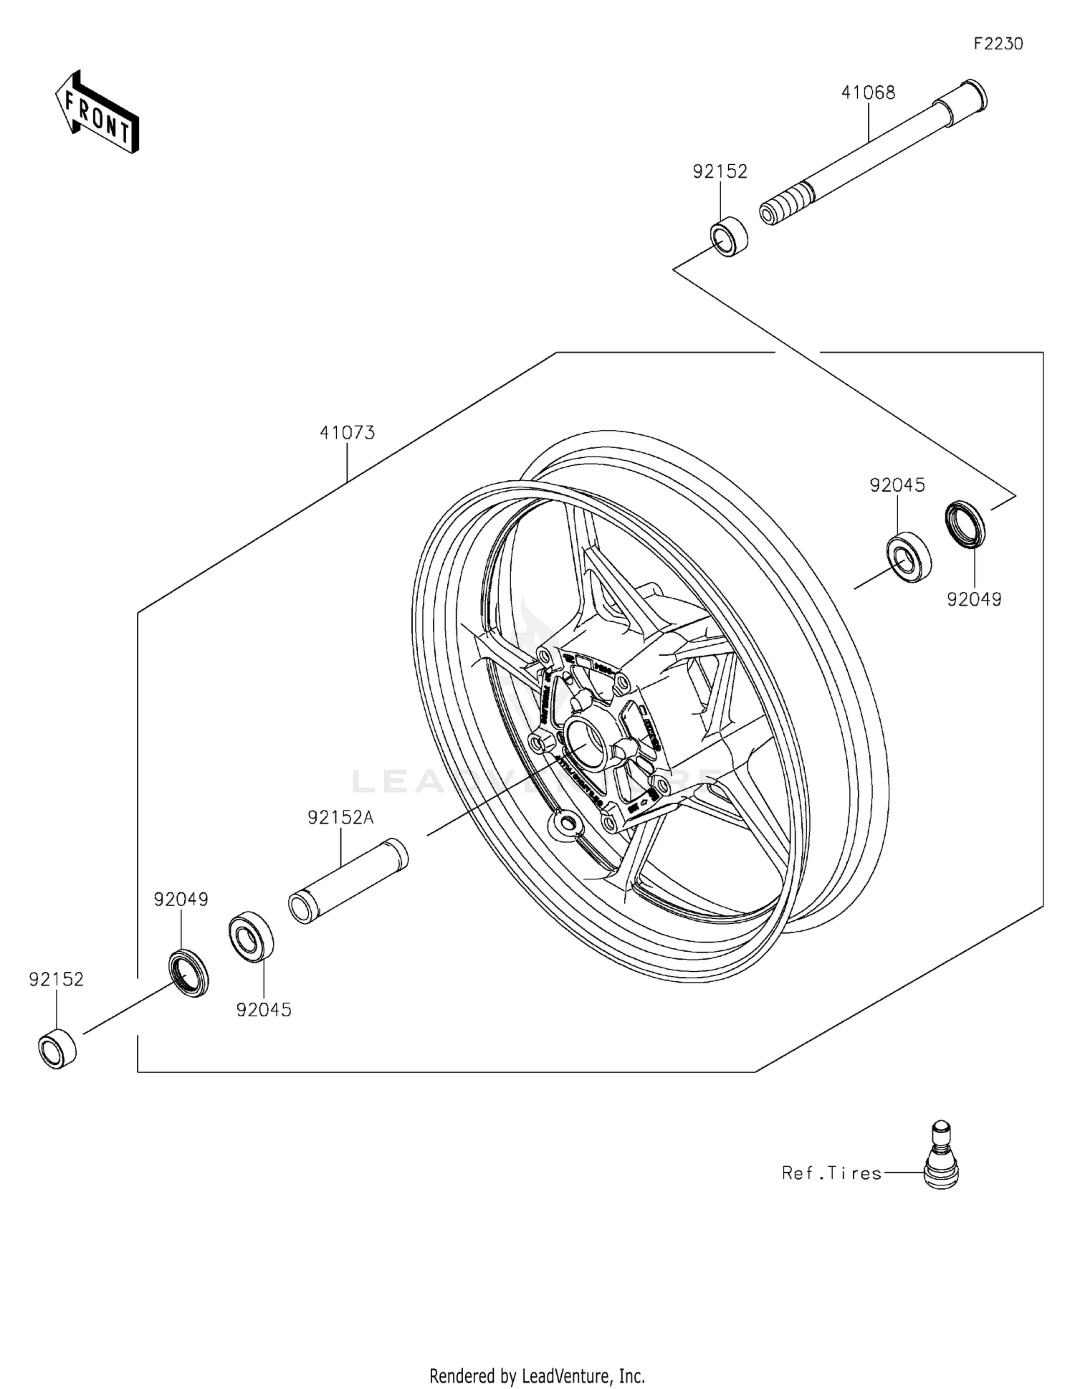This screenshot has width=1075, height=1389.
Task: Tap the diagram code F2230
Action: pyautogui.click(x=998, y=44)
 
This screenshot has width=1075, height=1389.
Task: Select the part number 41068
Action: pyautogui.click(x=868, y=92)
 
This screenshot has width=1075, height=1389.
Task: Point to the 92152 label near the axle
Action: pyautogui.click(x=720, y=171)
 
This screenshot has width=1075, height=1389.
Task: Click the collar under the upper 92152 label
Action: pyautogui.click(x=729, y=236)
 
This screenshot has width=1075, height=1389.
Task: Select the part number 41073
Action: pyautogui.click(x=347, y=433)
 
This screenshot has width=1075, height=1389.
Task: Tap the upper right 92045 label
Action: pyautogui.click(x=897, y=485)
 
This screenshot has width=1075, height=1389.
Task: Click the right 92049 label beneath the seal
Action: pyautogui.click(x=974, y=599)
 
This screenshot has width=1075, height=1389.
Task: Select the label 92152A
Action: pyautogui.click(x=340, y=817)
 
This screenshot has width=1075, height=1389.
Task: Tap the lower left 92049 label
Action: pyautogui.click(x=181, y=899)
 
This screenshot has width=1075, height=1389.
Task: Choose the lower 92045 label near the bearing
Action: pyautogui.click(x=264, y=1010)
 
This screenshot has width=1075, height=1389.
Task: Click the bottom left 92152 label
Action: pyautogui.click(x=57, y=979)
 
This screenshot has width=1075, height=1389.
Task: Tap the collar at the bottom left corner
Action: pyautogui.click(x=57, y=1049)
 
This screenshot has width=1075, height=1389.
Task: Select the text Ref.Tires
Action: pyautogui.click(x=831, y=1173)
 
